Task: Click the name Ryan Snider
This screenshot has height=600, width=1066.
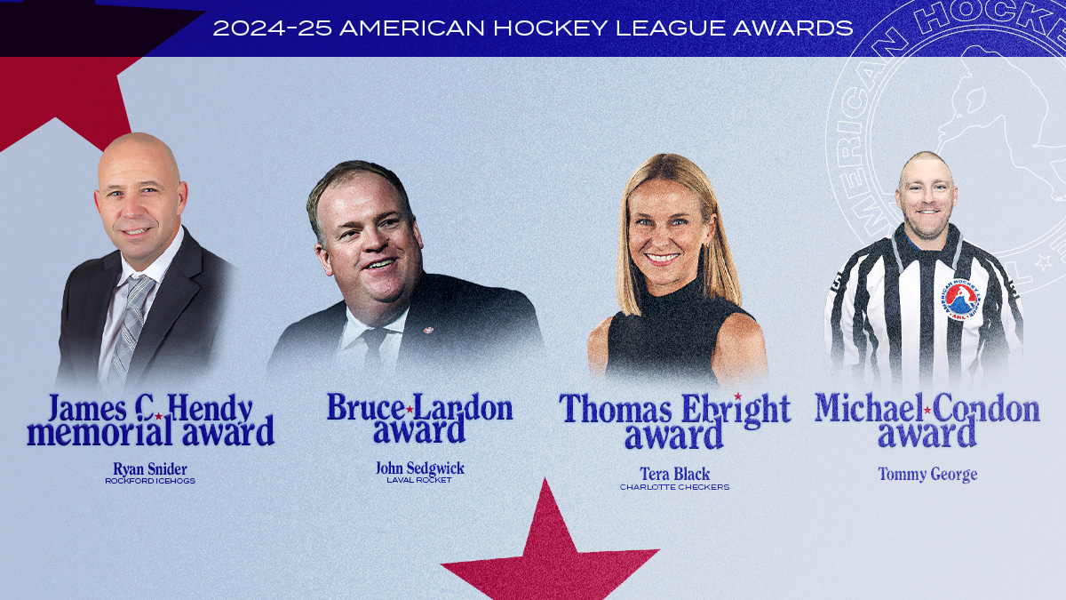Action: pyautogui.click(x=150, y=469)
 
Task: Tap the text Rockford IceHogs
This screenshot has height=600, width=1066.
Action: pyautogui.click(x=150, y=481)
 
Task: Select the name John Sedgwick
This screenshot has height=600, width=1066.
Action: pyautogui.click(x=419, y=468)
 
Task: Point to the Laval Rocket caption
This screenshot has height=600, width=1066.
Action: pyautogui.click(x=419, y=480)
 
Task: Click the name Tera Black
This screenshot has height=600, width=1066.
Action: pyautogui.click(x=675, y=474)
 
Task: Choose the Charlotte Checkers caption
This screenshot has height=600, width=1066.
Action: pyautogui.click(x=675, y=487)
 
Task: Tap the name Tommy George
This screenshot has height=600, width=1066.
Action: pyautogui.click(x=927, y=475)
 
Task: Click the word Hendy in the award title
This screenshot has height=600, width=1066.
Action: pyautogui.click(x=210, y=410)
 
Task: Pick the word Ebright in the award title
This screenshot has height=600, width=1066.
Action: pyautogui.click(x=736, y=409)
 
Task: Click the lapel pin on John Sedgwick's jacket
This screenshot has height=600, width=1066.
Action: pyautogui.click(x=428, y=330)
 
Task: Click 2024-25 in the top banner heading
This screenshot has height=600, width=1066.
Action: pyautogui.click(x=272, y=28)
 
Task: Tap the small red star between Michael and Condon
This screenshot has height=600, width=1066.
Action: pyautogui.click(x=927, y=410)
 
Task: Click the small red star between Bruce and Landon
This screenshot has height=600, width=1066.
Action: pyautogui.click(x=410, y=410)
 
